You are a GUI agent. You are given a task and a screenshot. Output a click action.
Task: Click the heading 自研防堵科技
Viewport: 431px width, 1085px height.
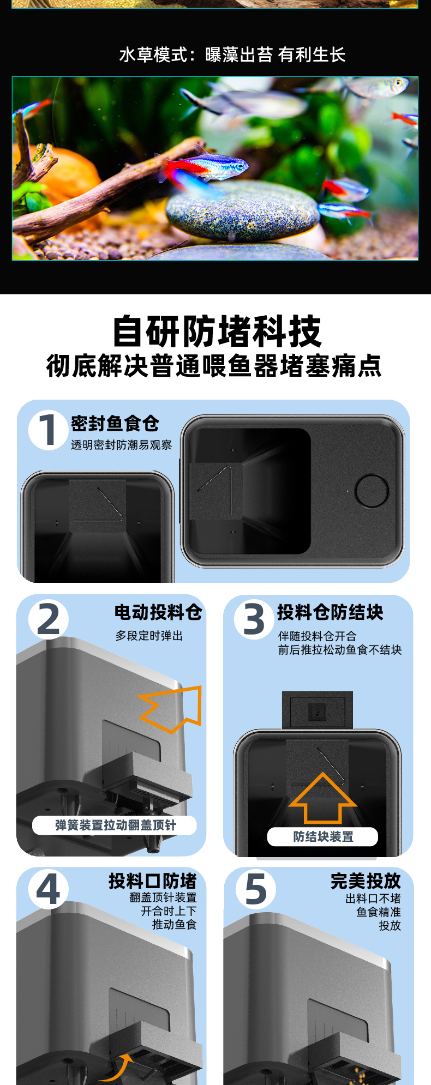pos(217,331)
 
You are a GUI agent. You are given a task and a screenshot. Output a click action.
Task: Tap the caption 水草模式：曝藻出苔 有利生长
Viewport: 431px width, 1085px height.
pos(232,55)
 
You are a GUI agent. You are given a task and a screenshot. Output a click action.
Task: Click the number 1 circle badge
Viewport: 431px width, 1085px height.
pos(48,430)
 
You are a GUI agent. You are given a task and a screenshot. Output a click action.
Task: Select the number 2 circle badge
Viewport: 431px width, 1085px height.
pos(49,619)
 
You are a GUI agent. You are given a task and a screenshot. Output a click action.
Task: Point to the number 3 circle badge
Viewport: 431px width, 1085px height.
pos(254,619)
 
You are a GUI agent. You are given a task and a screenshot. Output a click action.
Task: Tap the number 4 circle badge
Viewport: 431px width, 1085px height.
pos(49,889)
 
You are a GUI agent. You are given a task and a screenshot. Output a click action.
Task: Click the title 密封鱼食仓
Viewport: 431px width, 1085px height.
pos(115,423)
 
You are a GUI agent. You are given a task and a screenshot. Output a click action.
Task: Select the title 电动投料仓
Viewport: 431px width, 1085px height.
pos(158,612)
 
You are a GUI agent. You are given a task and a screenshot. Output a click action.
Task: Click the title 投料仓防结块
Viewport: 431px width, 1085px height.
pos(330,612)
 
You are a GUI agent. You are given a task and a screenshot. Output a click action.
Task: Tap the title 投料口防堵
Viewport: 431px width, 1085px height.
pos(152,881)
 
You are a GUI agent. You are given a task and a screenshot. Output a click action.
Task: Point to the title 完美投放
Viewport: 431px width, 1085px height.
pos(366,881)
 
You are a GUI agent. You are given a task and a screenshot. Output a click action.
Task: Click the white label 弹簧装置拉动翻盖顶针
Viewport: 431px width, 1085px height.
pos(115,825)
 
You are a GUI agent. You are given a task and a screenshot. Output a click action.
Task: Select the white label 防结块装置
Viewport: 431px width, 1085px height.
pos(322,837)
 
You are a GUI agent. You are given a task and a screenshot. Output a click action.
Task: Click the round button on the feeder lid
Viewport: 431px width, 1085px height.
pos(372,491)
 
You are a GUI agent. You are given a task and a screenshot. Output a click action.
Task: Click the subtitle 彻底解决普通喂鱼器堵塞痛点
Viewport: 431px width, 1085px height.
pos(214,366)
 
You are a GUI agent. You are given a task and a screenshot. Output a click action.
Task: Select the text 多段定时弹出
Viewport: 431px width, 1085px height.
pos(149,636)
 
